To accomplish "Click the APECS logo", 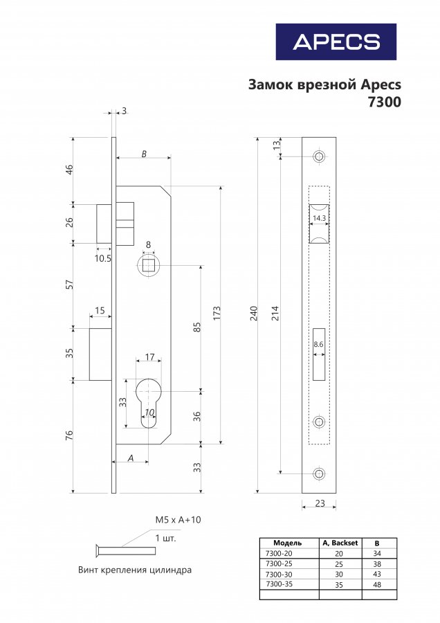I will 336,42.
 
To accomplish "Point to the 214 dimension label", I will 276,314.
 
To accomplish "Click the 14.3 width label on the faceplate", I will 319,218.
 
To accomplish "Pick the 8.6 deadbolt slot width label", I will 319,344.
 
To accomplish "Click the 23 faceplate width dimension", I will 320,503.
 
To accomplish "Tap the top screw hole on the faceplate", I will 319,156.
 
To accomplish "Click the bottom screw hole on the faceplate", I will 319,473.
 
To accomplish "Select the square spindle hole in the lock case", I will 148,266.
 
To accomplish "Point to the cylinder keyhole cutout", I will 148,401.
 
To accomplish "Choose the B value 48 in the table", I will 377,584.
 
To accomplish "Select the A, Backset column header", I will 340,543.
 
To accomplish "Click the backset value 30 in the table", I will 340,574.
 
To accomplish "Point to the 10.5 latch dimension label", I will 103,258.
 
